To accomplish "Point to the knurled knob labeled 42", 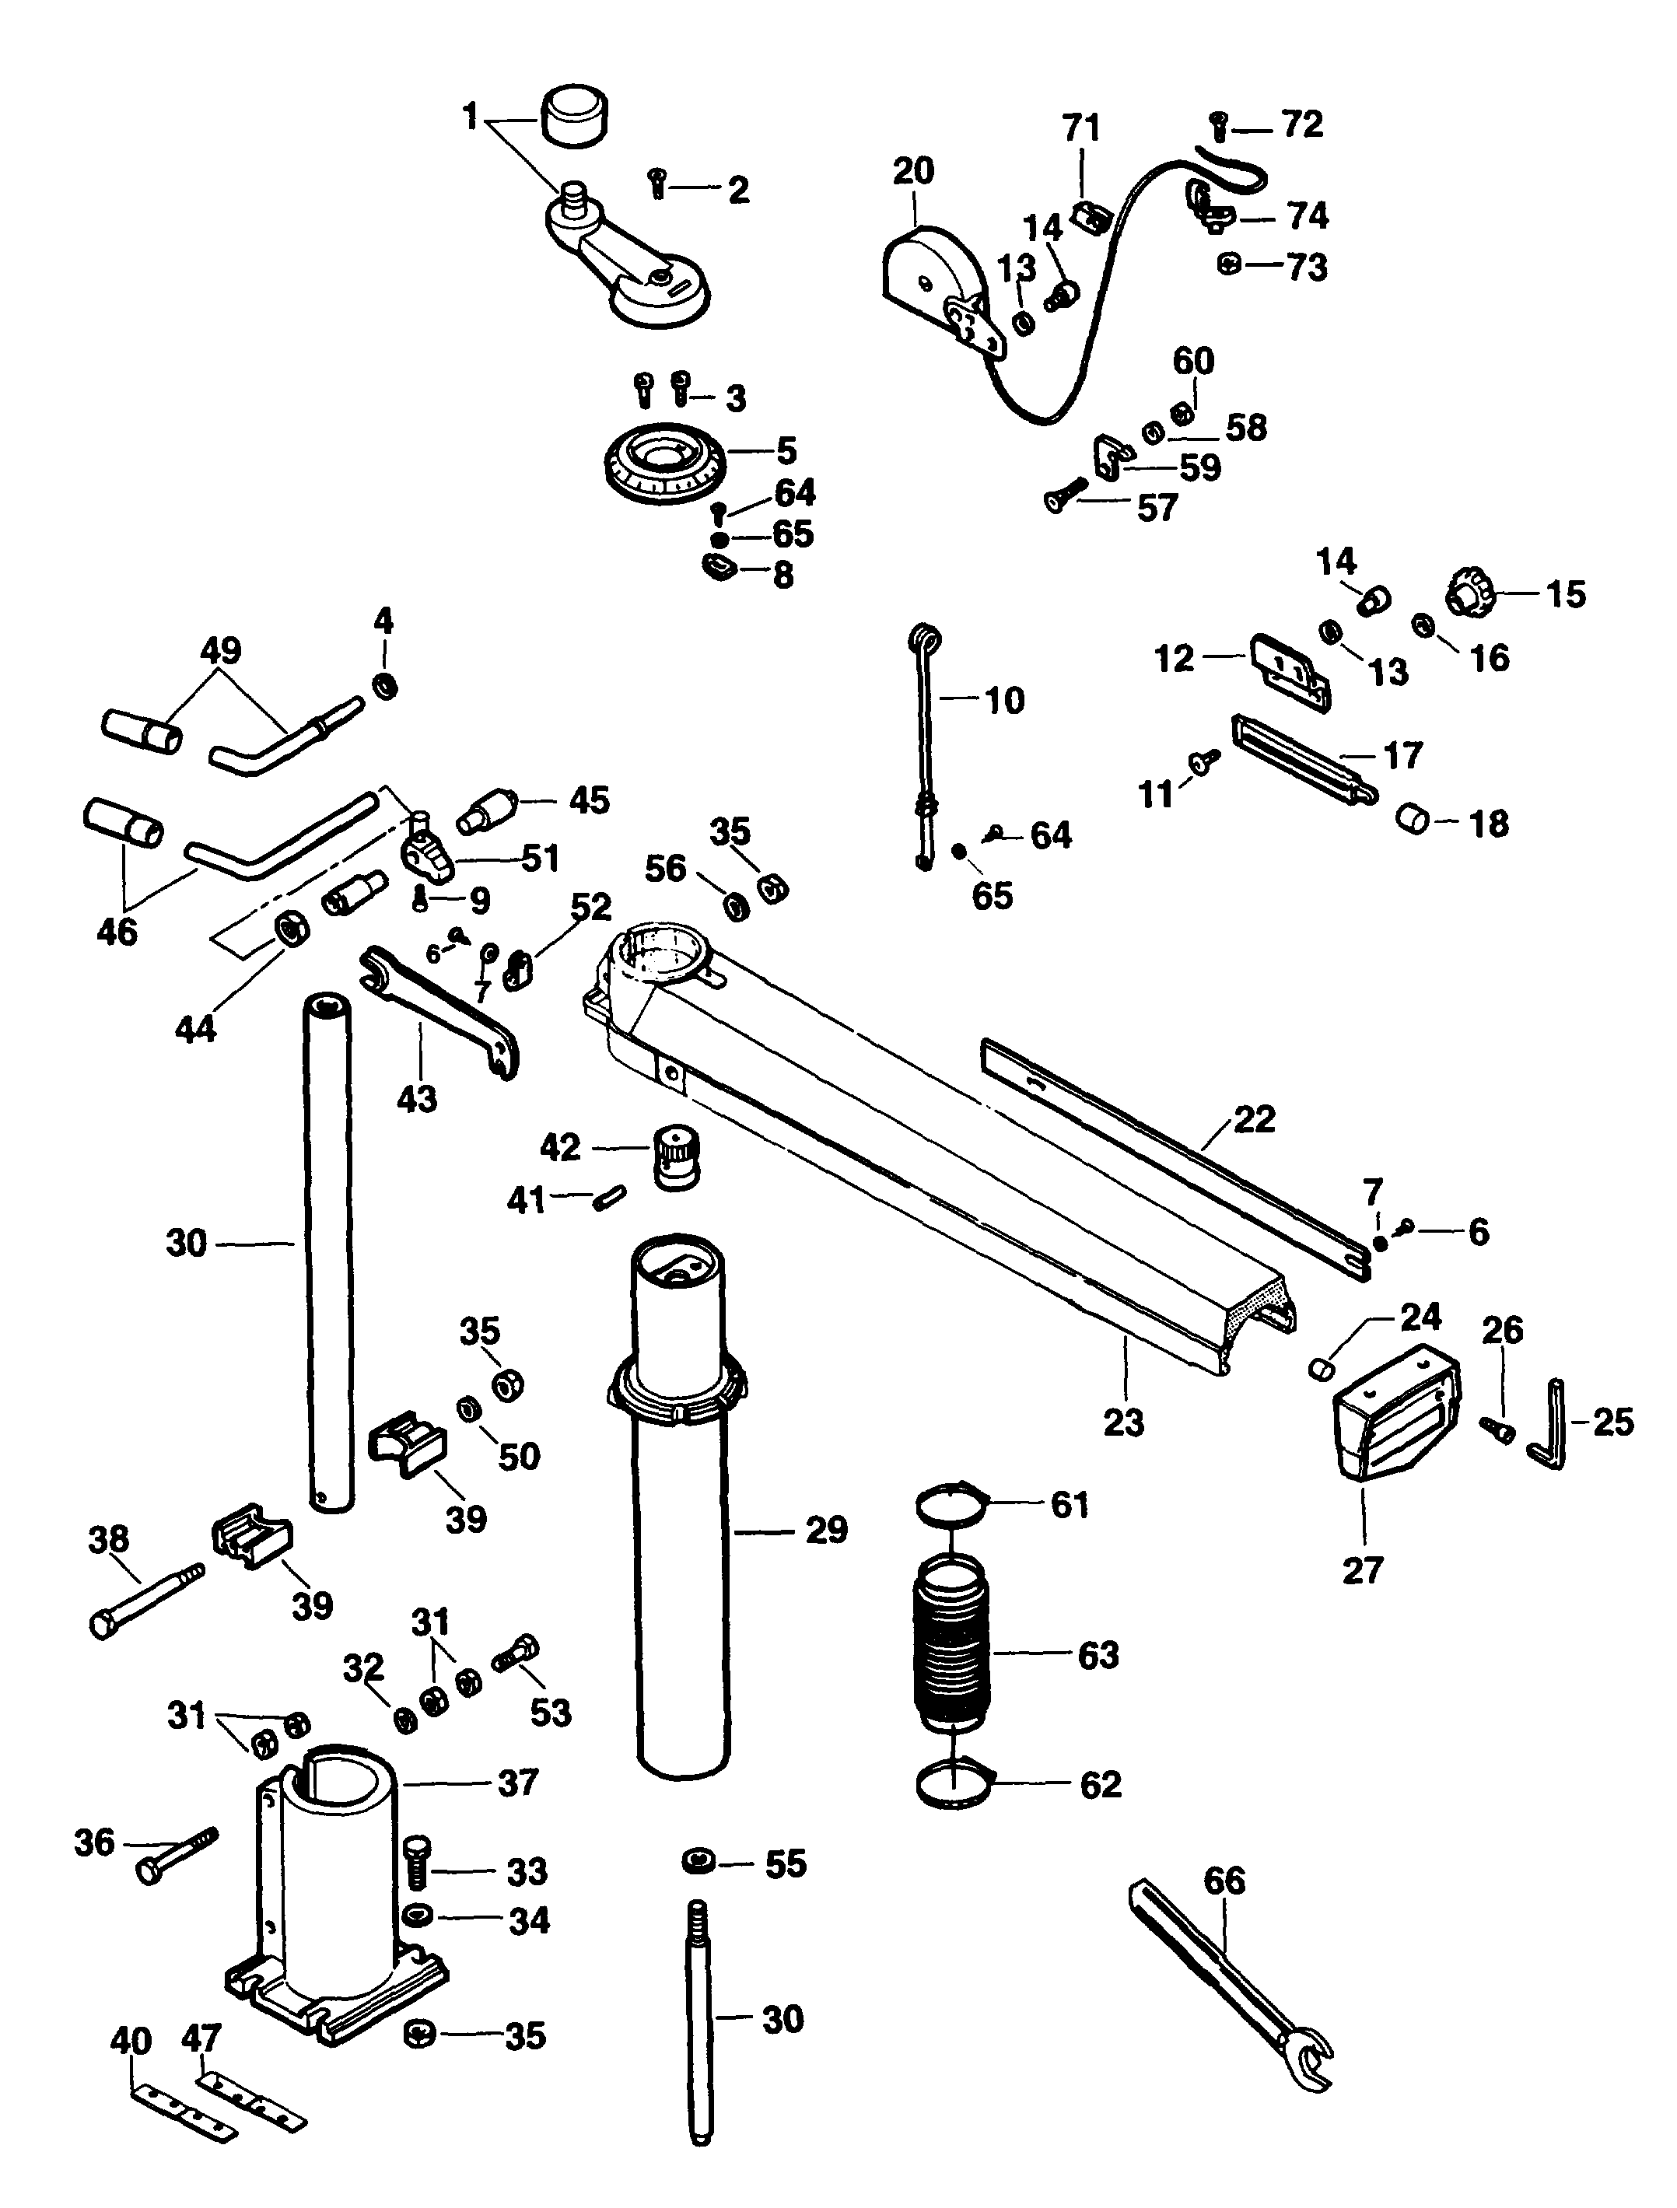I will (676, 1157).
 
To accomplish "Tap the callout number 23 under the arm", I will (1123, 1422).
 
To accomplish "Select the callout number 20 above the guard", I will (912, 172).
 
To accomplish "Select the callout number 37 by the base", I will (518, 1782).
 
